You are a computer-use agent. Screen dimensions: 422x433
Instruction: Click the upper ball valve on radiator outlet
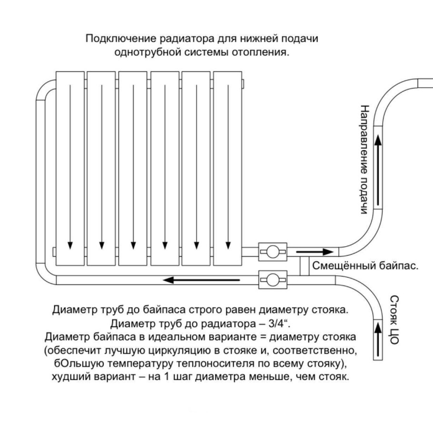point(272,251)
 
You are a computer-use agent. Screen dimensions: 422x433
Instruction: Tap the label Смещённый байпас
point(365,266)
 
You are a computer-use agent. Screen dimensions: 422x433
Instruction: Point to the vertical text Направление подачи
point(364,159)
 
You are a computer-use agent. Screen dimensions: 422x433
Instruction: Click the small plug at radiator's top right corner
point(244,83)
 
